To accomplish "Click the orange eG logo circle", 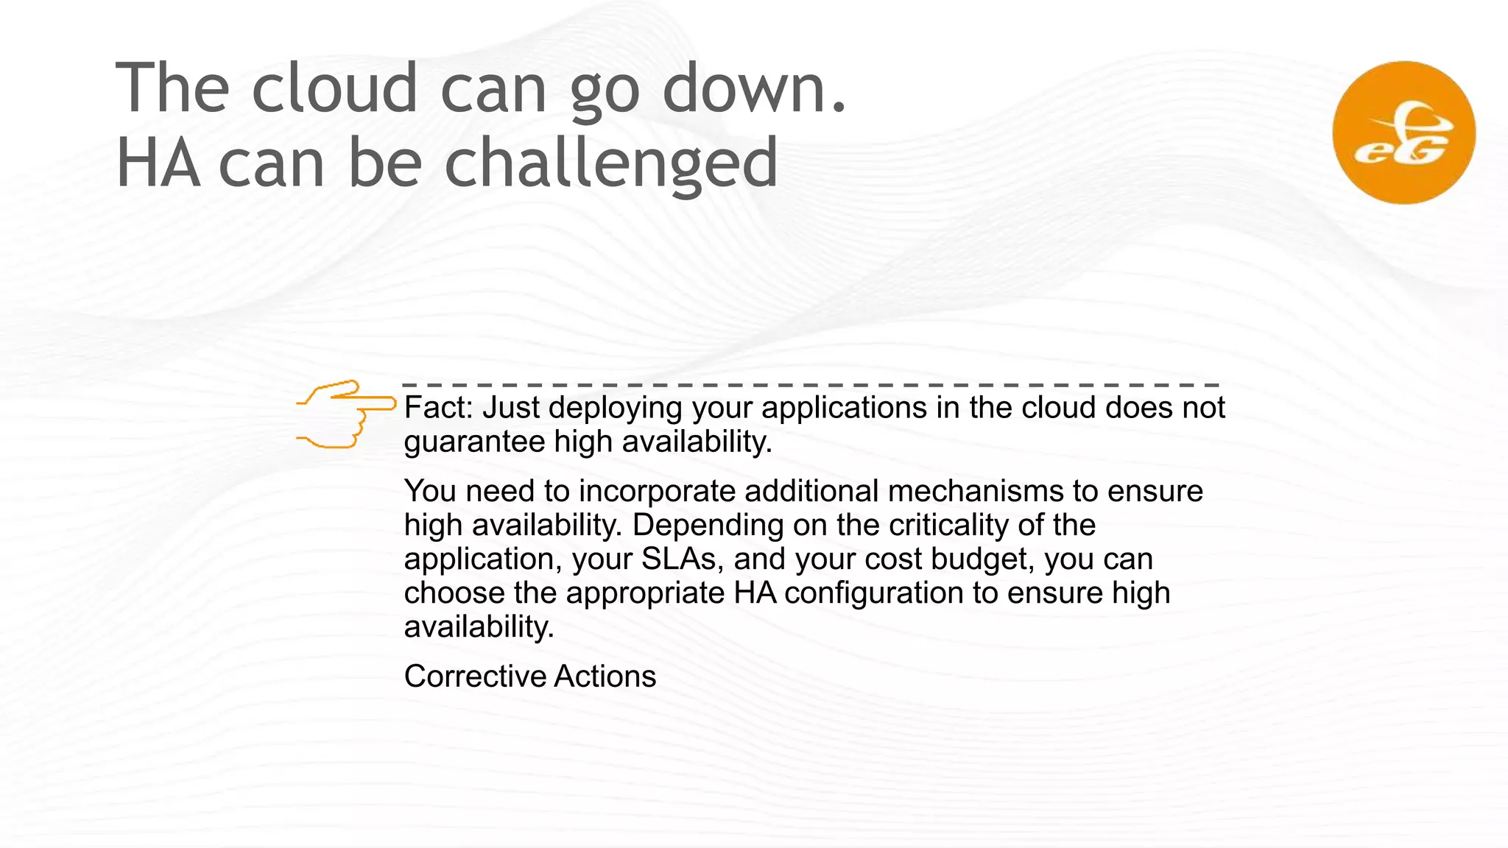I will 1403,132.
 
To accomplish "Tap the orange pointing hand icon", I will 346,414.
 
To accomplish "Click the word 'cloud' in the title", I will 335,88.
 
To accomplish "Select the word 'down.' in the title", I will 755,88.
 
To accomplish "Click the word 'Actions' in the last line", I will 605,676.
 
